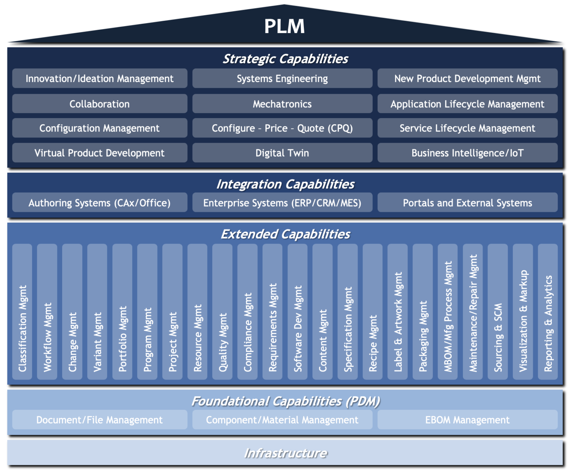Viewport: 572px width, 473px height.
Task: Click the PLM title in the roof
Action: coord(285,26)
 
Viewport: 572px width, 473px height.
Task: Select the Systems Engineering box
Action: coord(282,79)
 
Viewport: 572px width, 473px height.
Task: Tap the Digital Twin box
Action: coord(282,153)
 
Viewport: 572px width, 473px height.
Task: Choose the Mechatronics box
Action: coord(282,104)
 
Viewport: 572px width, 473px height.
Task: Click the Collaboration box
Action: coord(99,104)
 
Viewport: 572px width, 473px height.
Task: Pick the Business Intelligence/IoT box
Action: coord(467,153)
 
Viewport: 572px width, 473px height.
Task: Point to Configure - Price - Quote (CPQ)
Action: coord(282,128)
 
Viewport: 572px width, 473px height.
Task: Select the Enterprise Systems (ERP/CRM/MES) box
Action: coord(282,203)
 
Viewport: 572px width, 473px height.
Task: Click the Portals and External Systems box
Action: coord(467,203)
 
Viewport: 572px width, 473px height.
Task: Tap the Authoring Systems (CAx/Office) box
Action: coord(99,203)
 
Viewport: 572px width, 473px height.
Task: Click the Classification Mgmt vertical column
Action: coord(22,312)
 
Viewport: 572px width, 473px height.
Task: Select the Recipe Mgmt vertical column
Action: coord(373,312)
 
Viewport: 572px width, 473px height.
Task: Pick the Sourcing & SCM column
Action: coord(498,312)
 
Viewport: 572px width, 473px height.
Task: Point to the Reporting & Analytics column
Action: coord(548,312)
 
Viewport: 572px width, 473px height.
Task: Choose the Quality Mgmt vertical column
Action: coord(223,312)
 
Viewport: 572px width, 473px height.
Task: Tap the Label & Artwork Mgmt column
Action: coord(398,312)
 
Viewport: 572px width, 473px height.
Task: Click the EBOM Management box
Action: coord(467,420)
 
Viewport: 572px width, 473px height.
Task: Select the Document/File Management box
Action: coord(99,420)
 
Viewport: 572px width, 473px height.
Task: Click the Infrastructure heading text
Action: coord(285,453)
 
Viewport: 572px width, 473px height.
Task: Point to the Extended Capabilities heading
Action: coord(285,234)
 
